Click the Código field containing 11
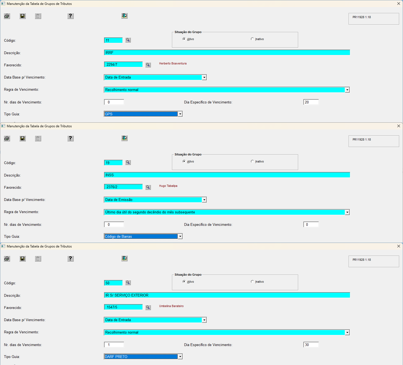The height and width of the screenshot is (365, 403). [x=113, y=40]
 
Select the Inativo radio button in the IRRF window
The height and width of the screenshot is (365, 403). [x=252, y=39]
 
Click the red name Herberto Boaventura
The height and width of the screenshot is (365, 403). [x=173, y=63]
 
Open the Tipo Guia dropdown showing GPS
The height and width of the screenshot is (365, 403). [x=180, y=114]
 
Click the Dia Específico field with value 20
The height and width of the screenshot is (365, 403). [x=311, y=102]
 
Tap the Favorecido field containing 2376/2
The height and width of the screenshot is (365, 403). [x=123, y=187]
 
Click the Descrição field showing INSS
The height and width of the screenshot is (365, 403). [x=227, y=175]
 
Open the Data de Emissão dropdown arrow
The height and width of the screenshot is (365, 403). [x=204, y=200]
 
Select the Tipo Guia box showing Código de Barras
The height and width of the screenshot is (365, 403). [x=143, y=236]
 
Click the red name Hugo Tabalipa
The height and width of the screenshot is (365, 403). [x=168, y=186]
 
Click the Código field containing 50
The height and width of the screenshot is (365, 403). [x=113, y=283]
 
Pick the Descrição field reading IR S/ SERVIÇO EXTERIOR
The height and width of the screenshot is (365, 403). [x=227, y=295]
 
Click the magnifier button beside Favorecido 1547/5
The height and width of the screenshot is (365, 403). [x=148, y=307]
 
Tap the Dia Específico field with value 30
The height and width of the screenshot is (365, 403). [x=311, y=345]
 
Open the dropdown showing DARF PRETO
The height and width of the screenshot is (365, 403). [x=180, y=357]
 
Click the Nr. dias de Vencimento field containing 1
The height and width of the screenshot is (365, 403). [x=114, y=345]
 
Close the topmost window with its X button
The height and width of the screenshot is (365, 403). [x=399, y=4]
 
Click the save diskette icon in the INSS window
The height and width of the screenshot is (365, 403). [x=22, y=138]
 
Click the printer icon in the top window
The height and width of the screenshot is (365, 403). [x=7, y=16]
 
